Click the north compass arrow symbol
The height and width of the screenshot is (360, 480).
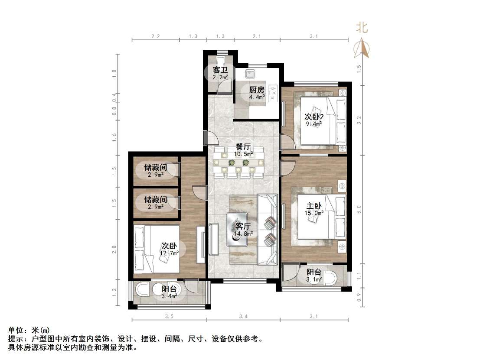pos(362,47)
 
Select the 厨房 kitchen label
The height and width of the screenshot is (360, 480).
pos(256,90)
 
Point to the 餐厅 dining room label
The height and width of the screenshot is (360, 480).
pos(243,146)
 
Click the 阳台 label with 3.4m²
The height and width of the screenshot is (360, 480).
pos(169,289)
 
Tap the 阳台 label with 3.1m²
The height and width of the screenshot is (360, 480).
pos(314,272)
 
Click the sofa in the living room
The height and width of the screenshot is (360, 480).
pos(267,230)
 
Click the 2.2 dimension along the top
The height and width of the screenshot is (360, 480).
pos(156,37)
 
